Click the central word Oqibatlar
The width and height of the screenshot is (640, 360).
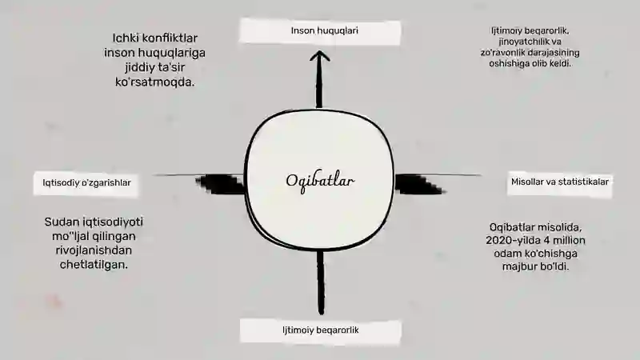pyautogui.click(x=320, y=181)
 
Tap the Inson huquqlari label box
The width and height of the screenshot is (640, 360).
pyautogui.click(x=319, y=31)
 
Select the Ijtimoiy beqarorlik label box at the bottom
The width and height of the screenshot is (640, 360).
pyautogui.click(x=321, y=330)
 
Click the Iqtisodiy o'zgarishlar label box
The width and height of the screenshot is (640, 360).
pyautogui.click(x=86, y=184)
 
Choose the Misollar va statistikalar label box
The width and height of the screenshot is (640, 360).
pyautogui.click(x=559, y=183)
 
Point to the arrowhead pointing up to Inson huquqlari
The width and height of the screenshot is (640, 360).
pyautogui.click(x=319, y=57)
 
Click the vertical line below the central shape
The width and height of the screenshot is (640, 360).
pyautogui.click(x=321, y=282)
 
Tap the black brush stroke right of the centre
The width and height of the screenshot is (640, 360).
pyautogui.click(x=419, y=184)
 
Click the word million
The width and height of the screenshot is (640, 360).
pyautogui.click(x=566, y=241)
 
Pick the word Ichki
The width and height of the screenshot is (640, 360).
pyautogui.click(x=124, y=38)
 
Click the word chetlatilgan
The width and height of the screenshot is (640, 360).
pyautogui.click(x=94, y=265)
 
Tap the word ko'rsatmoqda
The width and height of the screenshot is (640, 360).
pyautogui.click(x=155, y=82)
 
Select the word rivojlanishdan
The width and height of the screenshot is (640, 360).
pyautogui.click(x=94, y=250)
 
